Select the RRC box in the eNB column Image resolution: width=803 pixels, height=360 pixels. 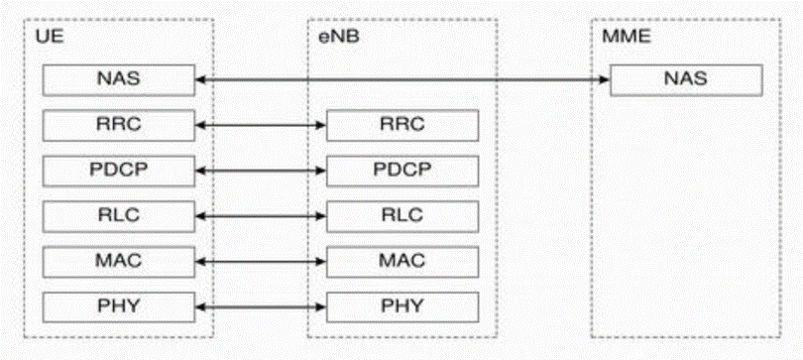coord(402,125)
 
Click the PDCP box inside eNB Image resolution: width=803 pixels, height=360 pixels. coord(402,170)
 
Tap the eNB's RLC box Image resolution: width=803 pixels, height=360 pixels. coord(402,215)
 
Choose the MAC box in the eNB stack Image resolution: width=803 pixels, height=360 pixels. coord(402,261)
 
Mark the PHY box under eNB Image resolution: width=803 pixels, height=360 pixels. coord(402,305)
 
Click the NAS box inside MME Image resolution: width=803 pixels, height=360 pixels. coord(687,79)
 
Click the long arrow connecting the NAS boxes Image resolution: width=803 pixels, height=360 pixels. coord(402,78)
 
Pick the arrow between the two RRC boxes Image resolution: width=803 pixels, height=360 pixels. coord(262,125)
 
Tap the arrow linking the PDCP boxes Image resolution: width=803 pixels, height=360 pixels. coord(262,170)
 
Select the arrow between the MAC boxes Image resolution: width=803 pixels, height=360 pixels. coord(262,261)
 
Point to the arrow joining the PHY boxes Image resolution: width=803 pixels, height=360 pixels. coord(262,305)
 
